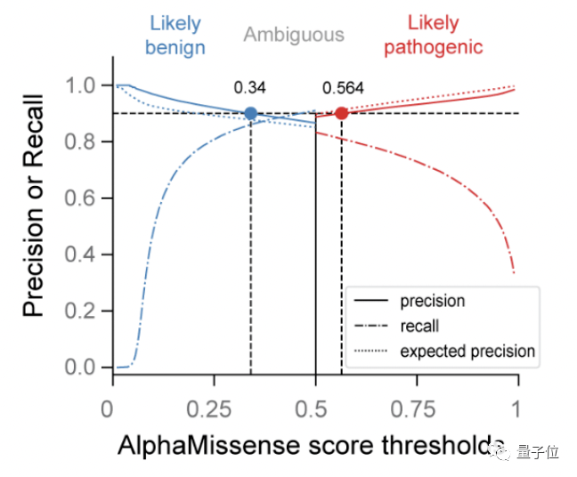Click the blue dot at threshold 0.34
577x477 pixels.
251,113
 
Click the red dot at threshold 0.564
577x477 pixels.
341,113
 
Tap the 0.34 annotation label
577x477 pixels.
250,87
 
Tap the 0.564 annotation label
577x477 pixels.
343,87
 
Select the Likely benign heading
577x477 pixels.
175,36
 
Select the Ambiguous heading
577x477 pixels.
294,36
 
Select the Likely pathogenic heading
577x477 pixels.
434,36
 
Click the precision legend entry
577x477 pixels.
432,302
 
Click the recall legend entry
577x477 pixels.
419,327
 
